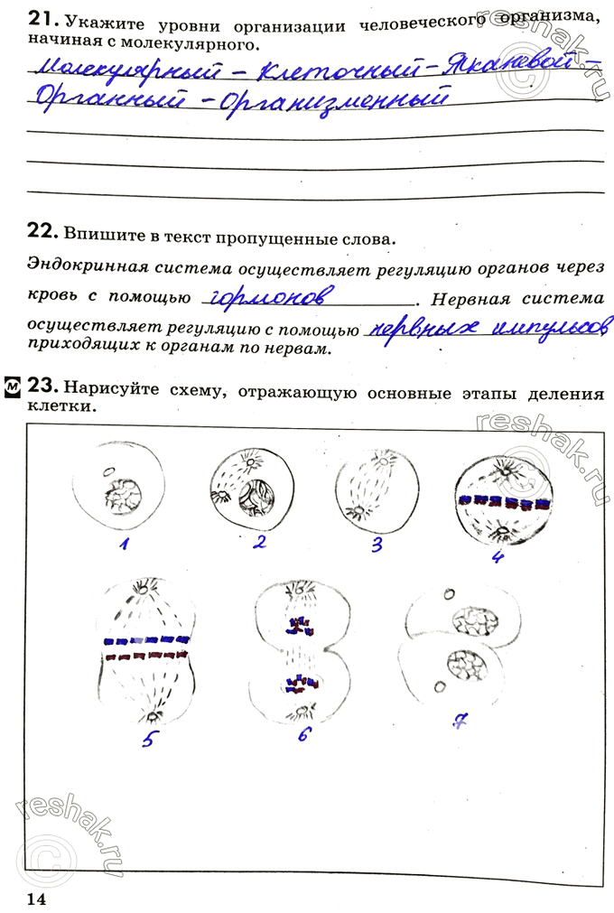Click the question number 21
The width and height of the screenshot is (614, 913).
pyautogui.click(x=42, y=19)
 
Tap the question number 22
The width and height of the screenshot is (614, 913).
pyautogui.click(x=42, y=232)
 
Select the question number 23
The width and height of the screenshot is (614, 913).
pyautogui.click(x=42, y=386)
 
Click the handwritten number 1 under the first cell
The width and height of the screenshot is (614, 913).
pyautogui.click(x=126, y=545)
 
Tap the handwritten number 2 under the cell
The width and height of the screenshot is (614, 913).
pyautogui.click(x=259, y=542)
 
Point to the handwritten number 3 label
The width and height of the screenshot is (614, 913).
pyautogui.click(x=377, y=544)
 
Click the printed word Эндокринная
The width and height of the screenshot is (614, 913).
pyautogui.click(x=83, y=267)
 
